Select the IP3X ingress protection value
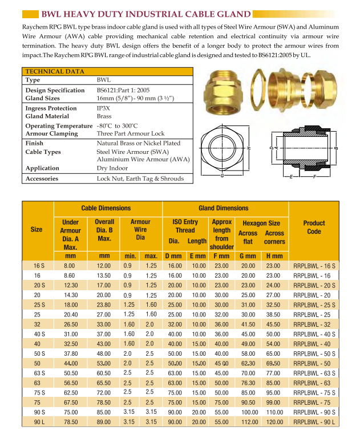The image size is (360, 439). [x=104, y=108]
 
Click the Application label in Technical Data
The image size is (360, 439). [x=42, y=168]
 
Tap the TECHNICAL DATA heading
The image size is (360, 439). [x=54, y=71]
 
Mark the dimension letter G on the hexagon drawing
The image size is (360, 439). [x=221, y=174]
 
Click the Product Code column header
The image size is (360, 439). [x=314, y=227]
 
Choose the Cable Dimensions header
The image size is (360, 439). [x=106, y=209]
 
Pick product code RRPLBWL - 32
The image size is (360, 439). [x=314, y=324]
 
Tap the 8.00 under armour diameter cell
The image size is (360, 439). [x=70, y=266]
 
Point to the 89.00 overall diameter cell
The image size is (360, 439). [x=103, y=422]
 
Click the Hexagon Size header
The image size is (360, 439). [x=261, y=223]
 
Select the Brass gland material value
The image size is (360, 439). [x=104, y=116]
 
